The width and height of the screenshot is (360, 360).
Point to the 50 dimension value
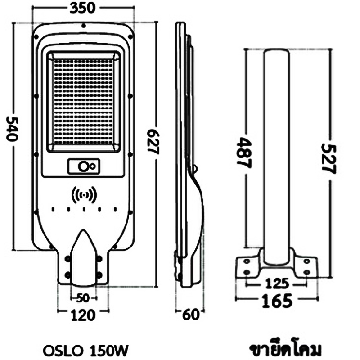click(x=83, y=297)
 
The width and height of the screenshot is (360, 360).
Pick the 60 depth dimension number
click(x=191, y=315)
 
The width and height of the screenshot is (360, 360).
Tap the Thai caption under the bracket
click(x=285, y=350)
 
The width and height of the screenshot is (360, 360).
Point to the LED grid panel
click(x=84, y=101)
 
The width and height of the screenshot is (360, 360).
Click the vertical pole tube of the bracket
click(x=277, y=153)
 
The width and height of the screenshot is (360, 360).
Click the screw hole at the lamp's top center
click(x=84, y=26)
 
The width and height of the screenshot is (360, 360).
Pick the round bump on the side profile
click(x=195, y=168)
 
